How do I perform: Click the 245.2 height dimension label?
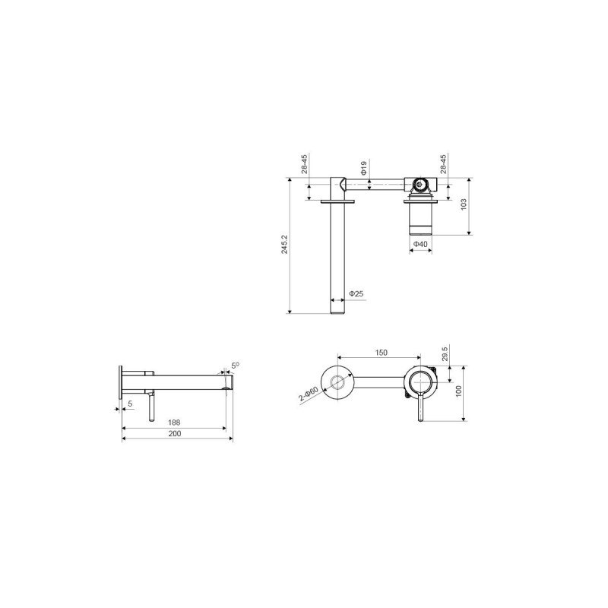click(x=284, y=244)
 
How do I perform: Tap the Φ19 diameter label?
click(x=364, y=167)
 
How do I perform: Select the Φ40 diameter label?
click(x=420, y=244)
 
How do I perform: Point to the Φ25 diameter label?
click(x=356, y=293)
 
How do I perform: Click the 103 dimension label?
click(x=464, y=204)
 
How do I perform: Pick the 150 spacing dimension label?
click(x=382, y=353)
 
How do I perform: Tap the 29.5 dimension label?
click(x=445, y=353)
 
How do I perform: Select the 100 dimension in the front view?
click(x=459, y=391)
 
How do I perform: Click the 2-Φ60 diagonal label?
click(x=309, y=394)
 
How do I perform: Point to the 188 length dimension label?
click(x=174, y=423)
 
